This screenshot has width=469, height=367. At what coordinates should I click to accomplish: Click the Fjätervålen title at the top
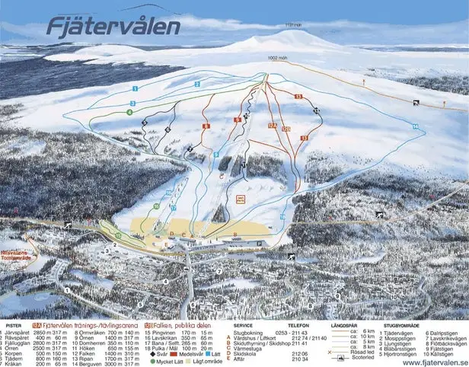click(x=113, y=27)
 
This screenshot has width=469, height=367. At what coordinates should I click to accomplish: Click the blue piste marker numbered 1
click(x=134, y=88)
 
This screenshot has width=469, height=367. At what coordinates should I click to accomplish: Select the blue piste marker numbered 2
click(x=196, y=84)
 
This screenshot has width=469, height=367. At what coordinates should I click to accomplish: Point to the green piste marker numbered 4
click(x=130, y=112)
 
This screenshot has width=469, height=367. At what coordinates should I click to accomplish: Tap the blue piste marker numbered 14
click(x=415, y=126)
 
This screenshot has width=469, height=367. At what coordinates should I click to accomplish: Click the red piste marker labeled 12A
click(x=272, y=125)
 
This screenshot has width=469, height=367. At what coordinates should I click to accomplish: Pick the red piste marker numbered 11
click(x=304, y=138)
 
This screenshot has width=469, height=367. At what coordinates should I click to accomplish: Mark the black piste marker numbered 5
click(x=166, y=129)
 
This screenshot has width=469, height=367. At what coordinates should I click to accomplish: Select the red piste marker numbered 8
click(x=205, y=126)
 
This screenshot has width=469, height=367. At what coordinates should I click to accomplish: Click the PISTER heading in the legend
click(x=13, y=324)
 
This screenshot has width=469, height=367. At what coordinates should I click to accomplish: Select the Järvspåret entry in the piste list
click(x=21, y=333)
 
